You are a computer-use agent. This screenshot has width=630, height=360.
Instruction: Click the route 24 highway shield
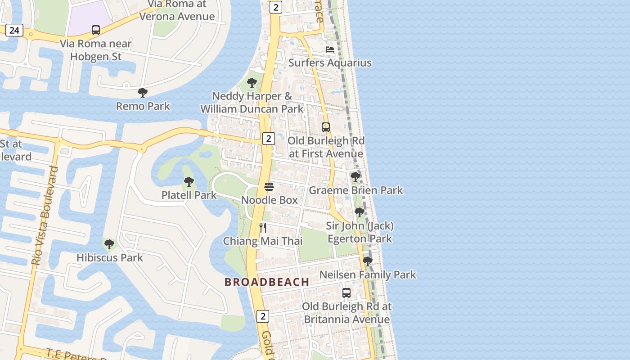pos(14,30)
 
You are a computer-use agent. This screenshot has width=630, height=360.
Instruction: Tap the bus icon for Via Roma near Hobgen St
pos(96,30)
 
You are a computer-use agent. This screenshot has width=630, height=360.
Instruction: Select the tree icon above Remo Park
pos(143,93)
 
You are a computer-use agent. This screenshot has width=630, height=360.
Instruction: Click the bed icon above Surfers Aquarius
pos(330,49)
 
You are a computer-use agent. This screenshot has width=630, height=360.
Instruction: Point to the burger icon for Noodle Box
pos(269,186)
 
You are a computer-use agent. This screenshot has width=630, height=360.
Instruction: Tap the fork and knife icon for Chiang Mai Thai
pos(263,228)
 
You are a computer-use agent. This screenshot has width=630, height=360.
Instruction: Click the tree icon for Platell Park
pos(189,182)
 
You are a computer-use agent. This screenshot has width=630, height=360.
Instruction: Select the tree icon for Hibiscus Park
pos(109,244)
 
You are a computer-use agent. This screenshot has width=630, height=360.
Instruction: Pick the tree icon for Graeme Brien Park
pos(355,177)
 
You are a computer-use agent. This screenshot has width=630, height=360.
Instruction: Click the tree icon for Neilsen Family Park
pos(368,261)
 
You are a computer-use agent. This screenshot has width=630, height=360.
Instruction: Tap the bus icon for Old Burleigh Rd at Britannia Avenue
pos(346,293)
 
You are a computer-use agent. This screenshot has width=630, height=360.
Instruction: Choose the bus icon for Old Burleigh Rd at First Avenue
pos(326,127)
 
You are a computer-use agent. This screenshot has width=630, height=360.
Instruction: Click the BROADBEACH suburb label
pos(267,282)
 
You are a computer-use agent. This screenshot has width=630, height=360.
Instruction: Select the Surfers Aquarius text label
pos(330,63)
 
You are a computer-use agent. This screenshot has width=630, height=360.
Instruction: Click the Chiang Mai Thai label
pos(263,241)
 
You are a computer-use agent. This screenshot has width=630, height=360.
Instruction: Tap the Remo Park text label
pos(143,106)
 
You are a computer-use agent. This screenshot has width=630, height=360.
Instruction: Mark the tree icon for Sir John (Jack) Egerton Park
pos(359,212)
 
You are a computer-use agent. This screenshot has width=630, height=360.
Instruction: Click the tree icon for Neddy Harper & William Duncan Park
pos(252,83)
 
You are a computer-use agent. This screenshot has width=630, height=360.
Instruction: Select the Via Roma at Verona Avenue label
pos(177,10)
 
